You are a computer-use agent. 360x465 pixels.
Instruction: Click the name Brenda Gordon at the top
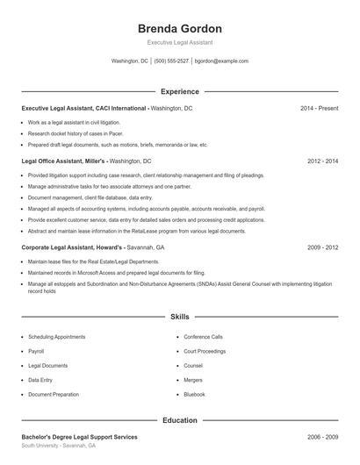pyautogui.click(x=179, y=28)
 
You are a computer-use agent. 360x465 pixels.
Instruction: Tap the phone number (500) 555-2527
pyautogui.click(x=171, y=61)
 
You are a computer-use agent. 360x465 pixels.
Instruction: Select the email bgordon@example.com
pyautogui.click(x=221, y=61)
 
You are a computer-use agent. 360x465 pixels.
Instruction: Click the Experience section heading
pyautogui.click(x=179, y=91)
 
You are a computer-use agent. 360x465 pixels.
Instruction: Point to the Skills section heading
pyautogui.click(x=179, y=316)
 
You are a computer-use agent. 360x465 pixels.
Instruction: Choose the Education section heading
pyautogui.click(x=179, y=420)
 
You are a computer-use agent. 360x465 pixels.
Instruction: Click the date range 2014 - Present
pyautogui.click(x=319, y=108)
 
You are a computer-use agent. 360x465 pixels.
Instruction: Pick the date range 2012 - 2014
pyautogui.click(x=322, y=161)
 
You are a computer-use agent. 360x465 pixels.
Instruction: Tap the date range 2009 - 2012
pyautogui.click(x=322, y=248)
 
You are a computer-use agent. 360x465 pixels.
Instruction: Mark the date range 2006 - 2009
pyautogui.click(x=322, y=437)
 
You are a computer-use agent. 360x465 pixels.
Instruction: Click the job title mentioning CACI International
pyautogui.click(x=84, y=108)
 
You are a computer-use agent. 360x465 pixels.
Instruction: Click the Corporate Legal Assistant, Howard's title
pyautogui.click(x=69, y=248)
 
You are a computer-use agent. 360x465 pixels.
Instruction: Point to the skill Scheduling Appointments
pyautogui.click(x=56, y=337)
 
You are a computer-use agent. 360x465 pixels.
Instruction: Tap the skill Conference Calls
pyautogui.click(x=203, y=337)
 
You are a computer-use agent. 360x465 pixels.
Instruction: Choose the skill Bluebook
pyautogui.click(x=194, y=395)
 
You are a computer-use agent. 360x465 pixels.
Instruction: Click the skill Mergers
pyautogui.click(x=193, y=380)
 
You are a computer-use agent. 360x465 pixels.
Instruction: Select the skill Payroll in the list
pyautogui.click(x=36, y=351)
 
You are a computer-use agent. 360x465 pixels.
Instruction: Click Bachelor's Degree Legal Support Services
pyautogui.click(x=79, y=437)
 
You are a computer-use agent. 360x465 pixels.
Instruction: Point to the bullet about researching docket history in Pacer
pyautogui.click(x=74, y=133)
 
